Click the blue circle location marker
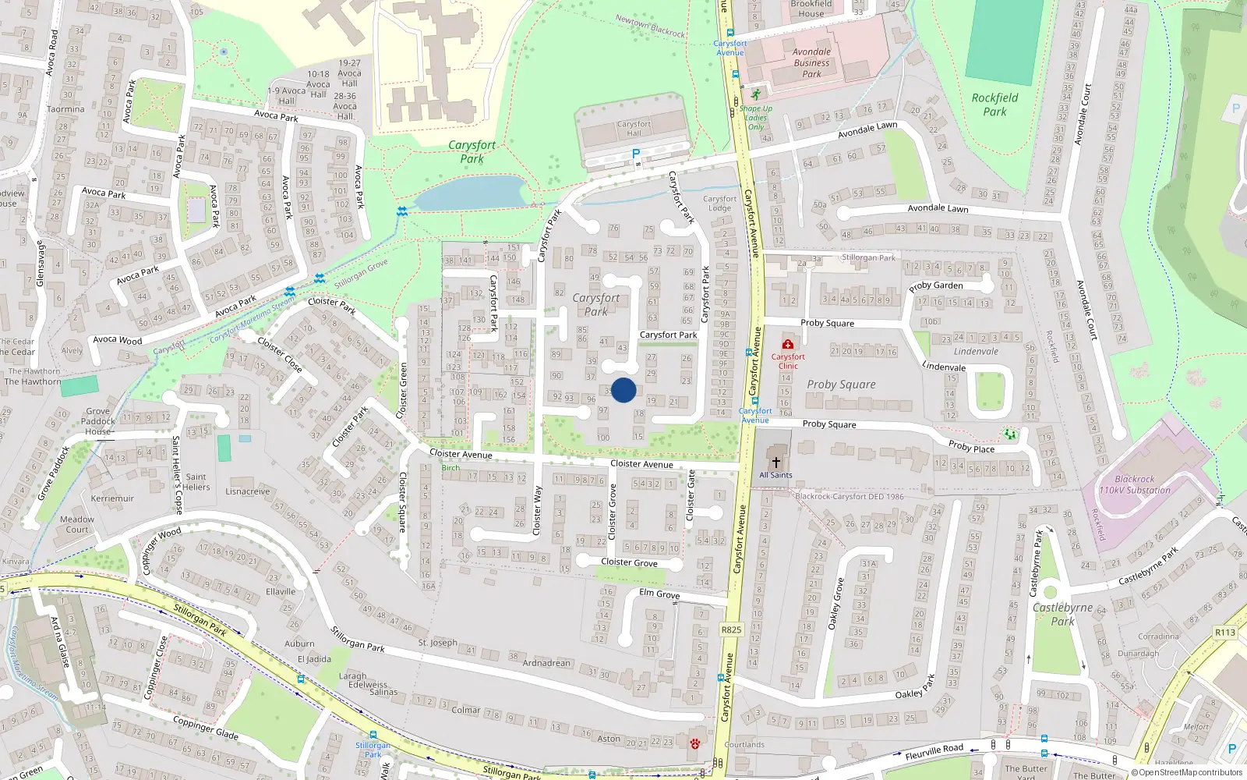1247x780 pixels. [x=623, y=390]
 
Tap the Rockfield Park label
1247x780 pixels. [x=994, y=105]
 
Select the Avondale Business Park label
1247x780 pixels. [x=811, y=63]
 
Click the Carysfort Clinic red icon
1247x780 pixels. [x=788, y=344]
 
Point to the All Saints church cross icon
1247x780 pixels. [x=775, y=463]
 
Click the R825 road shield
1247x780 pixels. [x=731, y=629]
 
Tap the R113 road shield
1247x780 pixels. [x=1224, y=632]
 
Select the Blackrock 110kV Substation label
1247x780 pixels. [x=1134, y=484]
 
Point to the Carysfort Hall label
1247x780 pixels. [x=634, y=129]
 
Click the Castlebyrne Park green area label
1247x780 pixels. [x=1062, y=614]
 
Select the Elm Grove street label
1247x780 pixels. [x=659, y=594]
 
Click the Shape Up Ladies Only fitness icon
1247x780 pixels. [x=755, y=94]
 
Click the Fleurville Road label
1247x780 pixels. [x=934, y=751]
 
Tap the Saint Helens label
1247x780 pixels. [x=196, y=482]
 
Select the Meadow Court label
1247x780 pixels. [x=77, y=524]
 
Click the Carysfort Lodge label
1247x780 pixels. [x=719, y=204]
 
